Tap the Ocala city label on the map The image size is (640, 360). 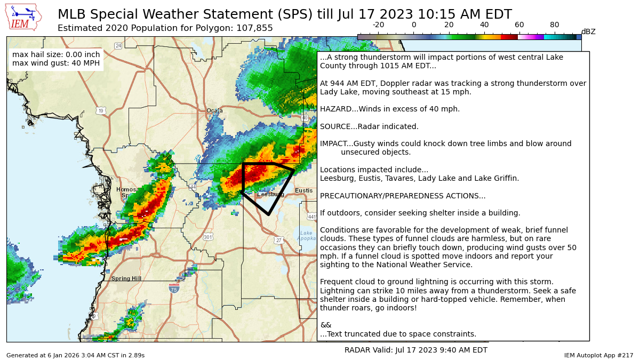214,110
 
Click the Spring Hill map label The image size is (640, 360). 126,278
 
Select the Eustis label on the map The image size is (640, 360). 304,190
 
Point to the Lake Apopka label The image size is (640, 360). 306,236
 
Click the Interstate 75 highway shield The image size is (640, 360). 174,289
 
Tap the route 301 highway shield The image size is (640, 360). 208,237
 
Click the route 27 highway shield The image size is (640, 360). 278,241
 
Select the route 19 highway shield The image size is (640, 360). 101,111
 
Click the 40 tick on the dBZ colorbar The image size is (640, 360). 484,25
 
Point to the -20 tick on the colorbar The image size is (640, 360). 378,25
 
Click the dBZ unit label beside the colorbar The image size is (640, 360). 588,32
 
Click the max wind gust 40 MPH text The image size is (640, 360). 56,63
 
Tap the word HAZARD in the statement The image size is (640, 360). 334,109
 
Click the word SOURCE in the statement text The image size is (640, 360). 334,126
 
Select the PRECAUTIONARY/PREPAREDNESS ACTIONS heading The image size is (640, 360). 403,196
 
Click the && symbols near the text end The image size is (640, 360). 325,325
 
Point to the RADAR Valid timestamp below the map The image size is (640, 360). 415,350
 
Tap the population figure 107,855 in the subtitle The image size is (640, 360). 254,28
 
